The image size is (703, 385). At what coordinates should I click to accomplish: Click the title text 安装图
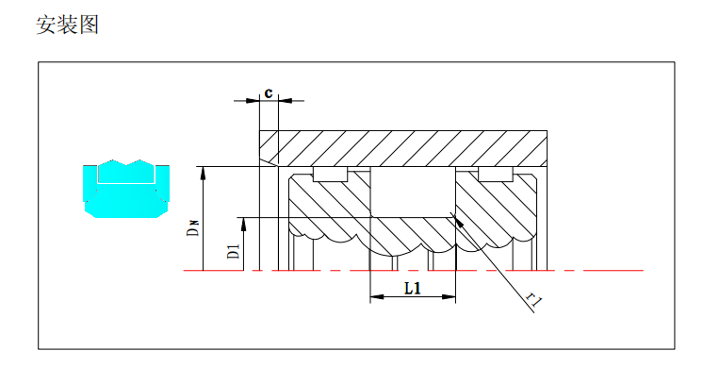(67, 25)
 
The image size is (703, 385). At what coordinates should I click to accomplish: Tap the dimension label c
(269, 92)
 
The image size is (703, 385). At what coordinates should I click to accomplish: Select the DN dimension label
(191, 226)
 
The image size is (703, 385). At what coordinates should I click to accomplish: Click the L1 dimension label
(412, 288)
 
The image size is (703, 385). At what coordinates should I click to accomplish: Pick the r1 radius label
(534, 301)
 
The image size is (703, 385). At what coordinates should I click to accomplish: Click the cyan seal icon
(125, 187)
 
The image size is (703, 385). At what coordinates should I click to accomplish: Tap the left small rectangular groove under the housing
(330, 175)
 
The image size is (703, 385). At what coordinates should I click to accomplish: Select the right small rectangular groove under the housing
(495, 175)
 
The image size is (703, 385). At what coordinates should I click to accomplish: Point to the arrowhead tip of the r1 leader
(457, 220)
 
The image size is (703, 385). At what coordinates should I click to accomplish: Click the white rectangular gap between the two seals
(413, 193)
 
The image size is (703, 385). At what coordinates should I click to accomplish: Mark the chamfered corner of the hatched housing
(267, 161)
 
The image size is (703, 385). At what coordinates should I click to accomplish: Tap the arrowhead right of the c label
(284, 99)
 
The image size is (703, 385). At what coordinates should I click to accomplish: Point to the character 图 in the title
(89, 25)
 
